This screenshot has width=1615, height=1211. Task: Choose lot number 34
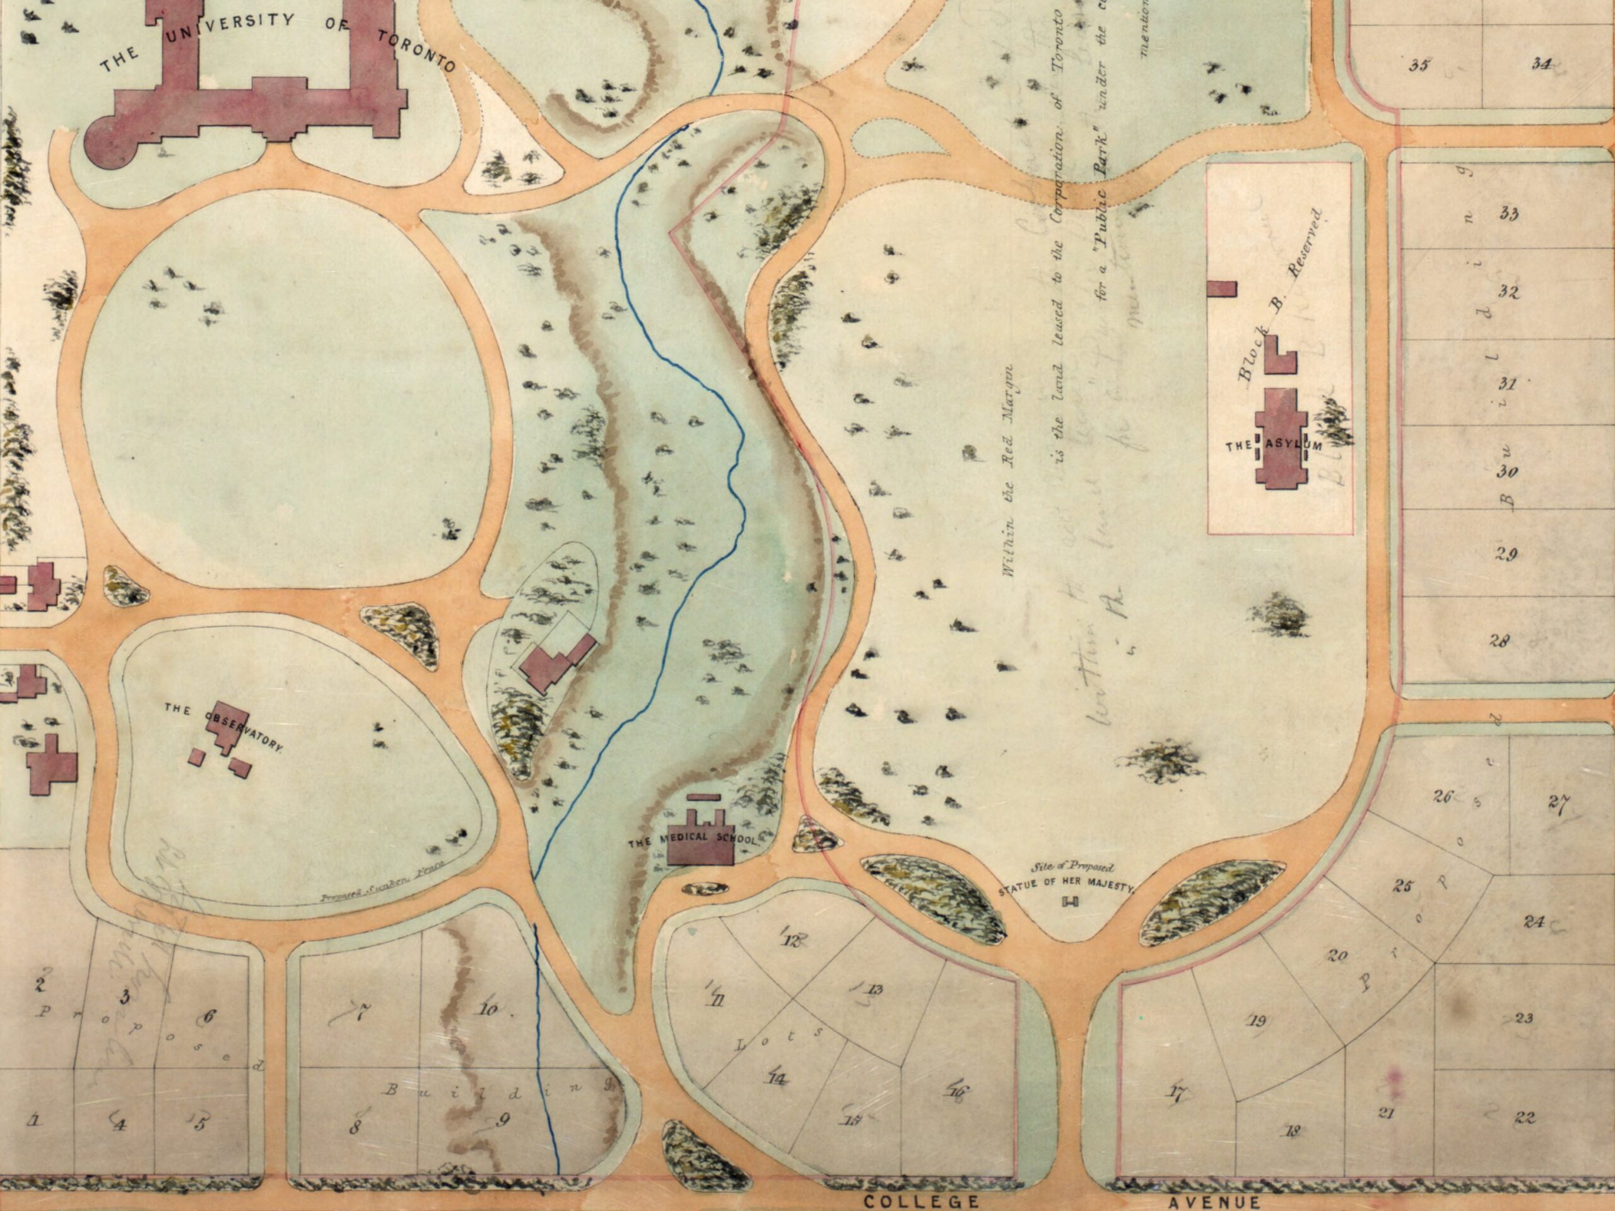(1541, 64)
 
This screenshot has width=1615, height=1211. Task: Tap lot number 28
(1500, 641)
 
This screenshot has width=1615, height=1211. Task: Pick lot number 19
(1257, 1021)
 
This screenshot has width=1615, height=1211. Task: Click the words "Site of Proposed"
(1072, 869)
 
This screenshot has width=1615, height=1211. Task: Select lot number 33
(1508, 214)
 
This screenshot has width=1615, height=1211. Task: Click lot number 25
(1402, 887)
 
